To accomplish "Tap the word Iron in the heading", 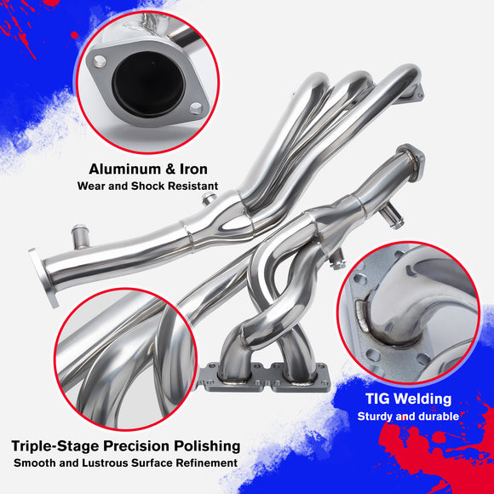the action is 193,169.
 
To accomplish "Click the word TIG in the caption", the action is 377,399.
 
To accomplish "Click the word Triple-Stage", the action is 55,446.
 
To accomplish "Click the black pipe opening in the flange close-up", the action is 147,83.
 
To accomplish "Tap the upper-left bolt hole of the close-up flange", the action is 100,61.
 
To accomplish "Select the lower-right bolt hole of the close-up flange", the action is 196,108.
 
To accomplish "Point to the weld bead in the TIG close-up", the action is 362,315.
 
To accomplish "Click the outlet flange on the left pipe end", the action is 44,278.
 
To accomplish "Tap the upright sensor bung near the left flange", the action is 80,236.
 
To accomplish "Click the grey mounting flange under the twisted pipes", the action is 264,378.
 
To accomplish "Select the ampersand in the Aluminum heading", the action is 170,169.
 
